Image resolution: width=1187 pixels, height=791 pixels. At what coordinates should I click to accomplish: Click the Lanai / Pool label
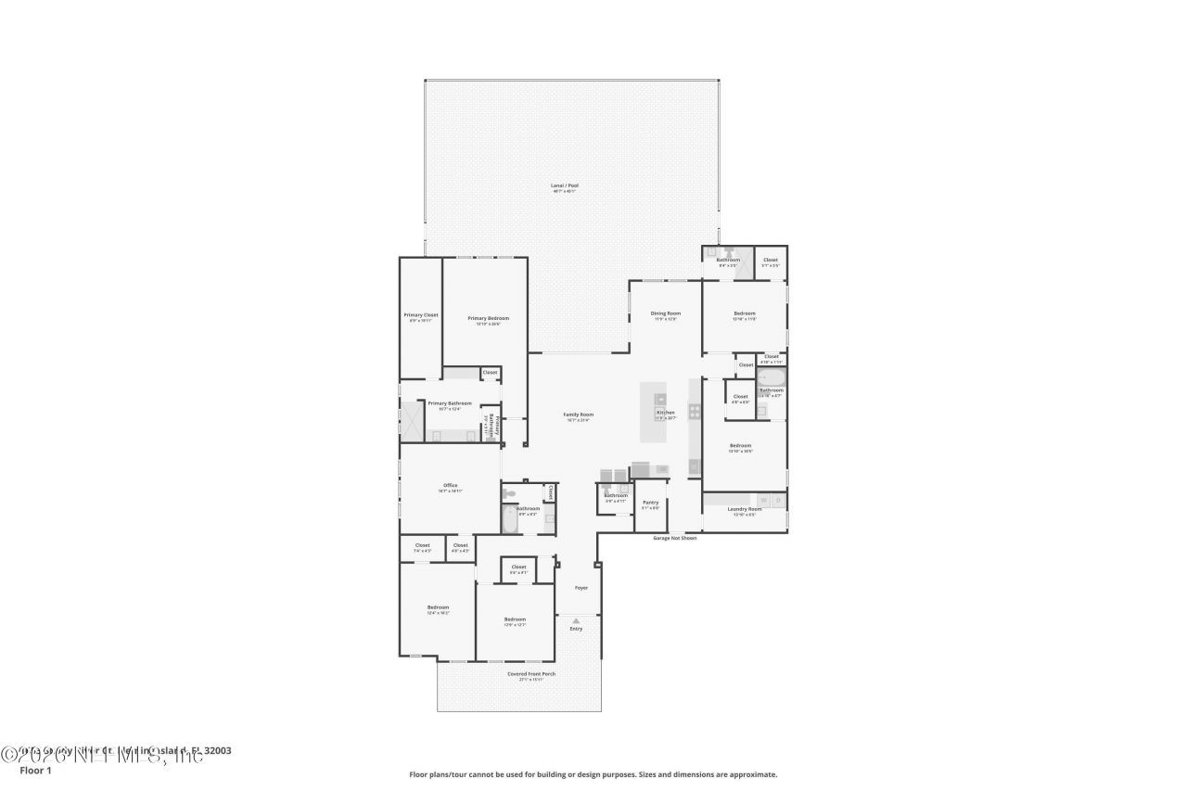click(x=564, y=186)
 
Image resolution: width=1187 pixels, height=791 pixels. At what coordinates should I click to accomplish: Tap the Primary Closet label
click(x=420, y=315)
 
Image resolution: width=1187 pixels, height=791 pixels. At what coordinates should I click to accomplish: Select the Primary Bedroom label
click(x=488, y=319)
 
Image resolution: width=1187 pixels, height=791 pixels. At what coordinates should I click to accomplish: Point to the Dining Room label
click(x=666, y=313)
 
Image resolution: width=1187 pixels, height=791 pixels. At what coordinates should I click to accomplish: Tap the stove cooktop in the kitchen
click(x=695, y=412)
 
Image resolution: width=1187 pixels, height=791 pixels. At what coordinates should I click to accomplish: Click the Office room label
click(x=450, y=486)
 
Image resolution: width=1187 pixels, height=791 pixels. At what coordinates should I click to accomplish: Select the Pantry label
click(x=650, y=503)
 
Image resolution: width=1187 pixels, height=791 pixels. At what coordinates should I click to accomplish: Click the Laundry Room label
click(x=744, y=508)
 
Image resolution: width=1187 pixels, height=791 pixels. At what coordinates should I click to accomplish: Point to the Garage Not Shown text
click(x=674, y=538)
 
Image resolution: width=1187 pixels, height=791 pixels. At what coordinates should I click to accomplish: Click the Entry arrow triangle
click(x=576, y=620)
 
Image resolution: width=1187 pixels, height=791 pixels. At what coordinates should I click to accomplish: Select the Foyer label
click(x=581, y=587)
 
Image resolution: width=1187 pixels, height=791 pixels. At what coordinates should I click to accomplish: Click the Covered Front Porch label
click(x=531, y=673)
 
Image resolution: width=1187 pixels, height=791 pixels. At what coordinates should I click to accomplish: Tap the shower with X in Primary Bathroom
click(x=412, y=421)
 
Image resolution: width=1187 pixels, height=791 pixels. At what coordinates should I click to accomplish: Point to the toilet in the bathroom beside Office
click(x=508, y=494)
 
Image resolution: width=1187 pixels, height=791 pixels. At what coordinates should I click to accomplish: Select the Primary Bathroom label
click(x=450, y=403)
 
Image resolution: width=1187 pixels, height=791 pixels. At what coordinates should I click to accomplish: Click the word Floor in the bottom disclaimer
click(x=419, y=774)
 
